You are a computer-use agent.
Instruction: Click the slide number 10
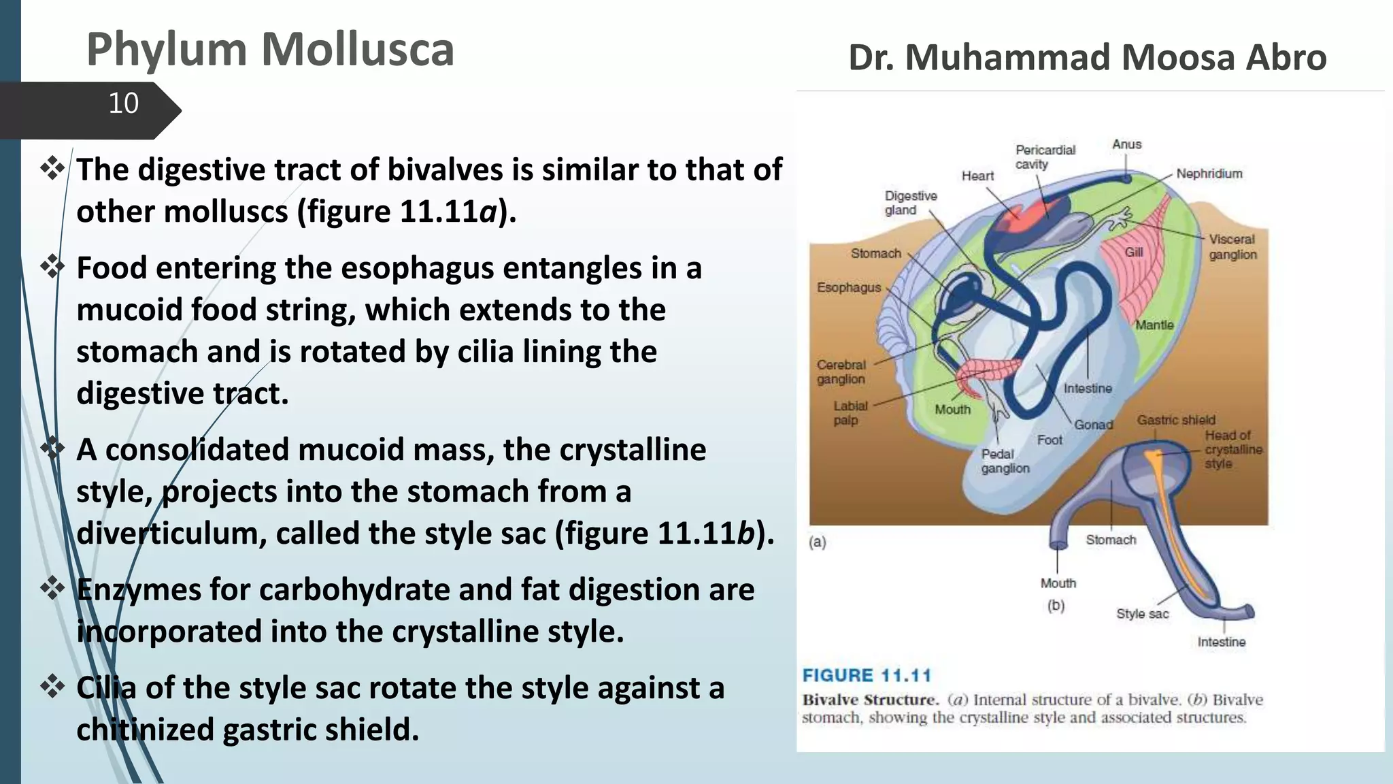(123, 103)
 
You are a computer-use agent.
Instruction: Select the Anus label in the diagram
(1126, 144)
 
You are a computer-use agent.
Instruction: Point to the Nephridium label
(1209, 174)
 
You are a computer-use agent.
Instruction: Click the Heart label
(977, 176)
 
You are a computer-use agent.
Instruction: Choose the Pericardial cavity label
(1044, 157)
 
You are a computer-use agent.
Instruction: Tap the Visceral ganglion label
(1232, 246)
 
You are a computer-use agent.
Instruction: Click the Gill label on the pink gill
(1133, 252)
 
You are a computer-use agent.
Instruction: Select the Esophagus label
(849, 287)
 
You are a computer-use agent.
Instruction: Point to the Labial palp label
(850, 412)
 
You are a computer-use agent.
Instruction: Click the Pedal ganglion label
(1004, 461)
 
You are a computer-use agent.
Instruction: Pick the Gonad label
(1093, 425)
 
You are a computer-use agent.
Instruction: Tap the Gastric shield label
(1175, 420)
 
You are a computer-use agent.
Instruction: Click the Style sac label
(1142, 613)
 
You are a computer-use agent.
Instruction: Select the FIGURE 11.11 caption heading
(866, 675)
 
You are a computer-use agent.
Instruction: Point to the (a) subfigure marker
(817, 542)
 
